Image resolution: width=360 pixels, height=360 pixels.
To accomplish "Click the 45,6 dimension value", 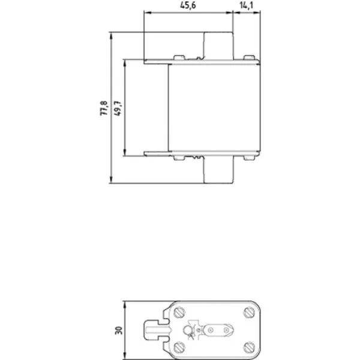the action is [188, 5].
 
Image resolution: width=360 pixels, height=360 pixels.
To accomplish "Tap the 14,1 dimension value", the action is [247, 5].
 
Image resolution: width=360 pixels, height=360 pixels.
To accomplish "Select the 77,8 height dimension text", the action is [104, 108].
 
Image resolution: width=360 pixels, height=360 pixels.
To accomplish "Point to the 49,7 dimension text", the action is [118, 108].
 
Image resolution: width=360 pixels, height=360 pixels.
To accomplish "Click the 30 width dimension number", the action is [119, 331].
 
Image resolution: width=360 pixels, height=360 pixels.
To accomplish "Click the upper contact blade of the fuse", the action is [218, 46].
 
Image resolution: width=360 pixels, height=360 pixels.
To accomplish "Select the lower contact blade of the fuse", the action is [218, 170].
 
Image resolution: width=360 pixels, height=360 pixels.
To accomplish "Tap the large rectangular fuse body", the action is [214, 107].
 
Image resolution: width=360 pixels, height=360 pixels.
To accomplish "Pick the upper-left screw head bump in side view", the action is [179, 58].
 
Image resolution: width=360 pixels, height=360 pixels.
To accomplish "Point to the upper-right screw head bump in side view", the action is [249, 58].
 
